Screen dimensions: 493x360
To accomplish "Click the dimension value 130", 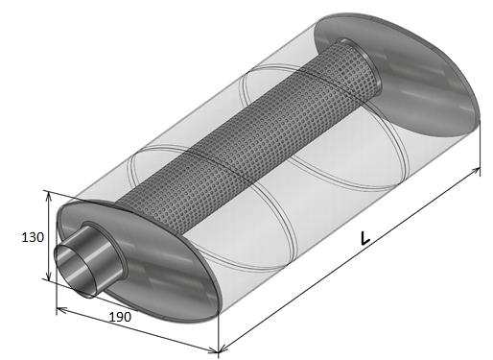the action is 33,237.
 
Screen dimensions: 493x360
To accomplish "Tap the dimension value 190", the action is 120,317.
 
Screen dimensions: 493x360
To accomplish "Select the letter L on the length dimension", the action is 364,237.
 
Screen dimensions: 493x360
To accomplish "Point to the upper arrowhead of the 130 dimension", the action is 48,197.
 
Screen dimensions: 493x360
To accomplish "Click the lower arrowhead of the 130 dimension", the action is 48,276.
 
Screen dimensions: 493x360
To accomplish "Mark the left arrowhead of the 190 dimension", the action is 61,309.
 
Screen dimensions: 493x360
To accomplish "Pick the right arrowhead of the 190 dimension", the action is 213,350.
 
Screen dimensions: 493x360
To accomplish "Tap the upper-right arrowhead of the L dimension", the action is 476,171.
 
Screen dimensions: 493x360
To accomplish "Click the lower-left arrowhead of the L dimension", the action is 223,348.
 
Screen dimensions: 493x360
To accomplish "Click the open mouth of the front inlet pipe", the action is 76,268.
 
